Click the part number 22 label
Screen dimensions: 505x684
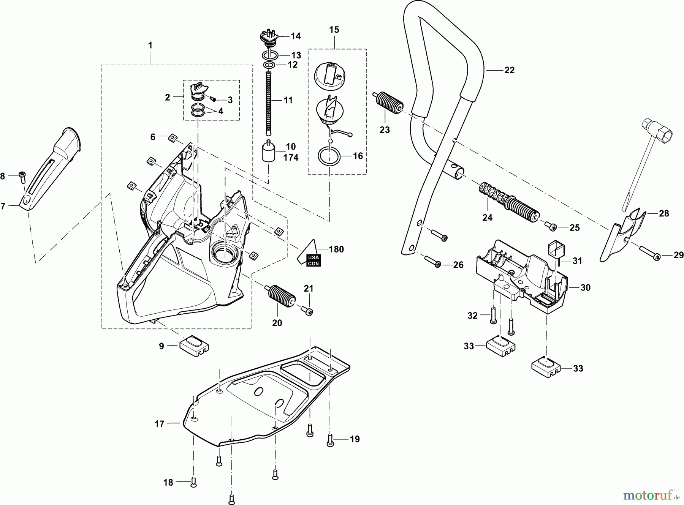[x=509, y=70]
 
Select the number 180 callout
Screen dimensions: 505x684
[x=336, y=249]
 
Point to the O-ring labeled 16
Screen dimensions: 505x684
[x=329, y=157]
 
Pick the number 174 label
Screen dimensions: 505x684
[x=291, y=158]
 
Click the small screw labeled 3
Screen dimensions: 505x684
[x=213, y=99]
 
